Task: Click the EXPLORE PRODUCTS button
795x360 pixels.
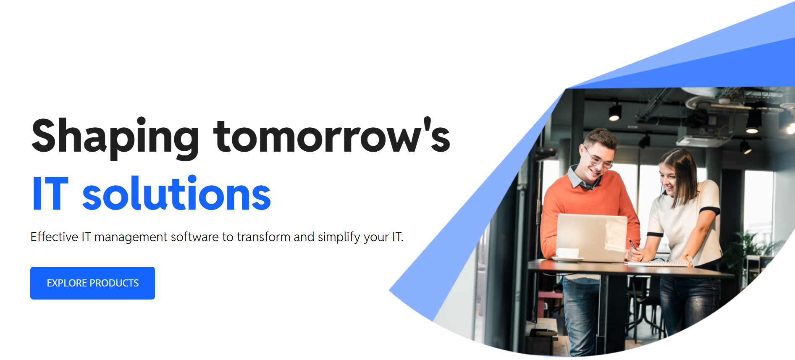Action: click(92, 283)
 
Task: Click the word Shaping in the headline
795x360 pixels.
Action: click(115, 137)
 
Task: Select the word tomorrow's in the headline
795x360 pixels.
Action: click(332, 135)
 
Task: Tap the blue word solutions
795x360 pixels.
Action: click(176, 193)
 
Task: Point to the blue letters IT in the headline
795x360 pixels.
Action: click(50, 193)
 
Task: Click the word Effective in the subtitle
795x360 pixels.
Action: click(54, 237)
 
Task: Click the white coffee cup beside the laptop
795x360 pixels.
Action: click(567, 254)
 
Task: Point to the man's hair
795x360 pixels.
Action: click(601, 139)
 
